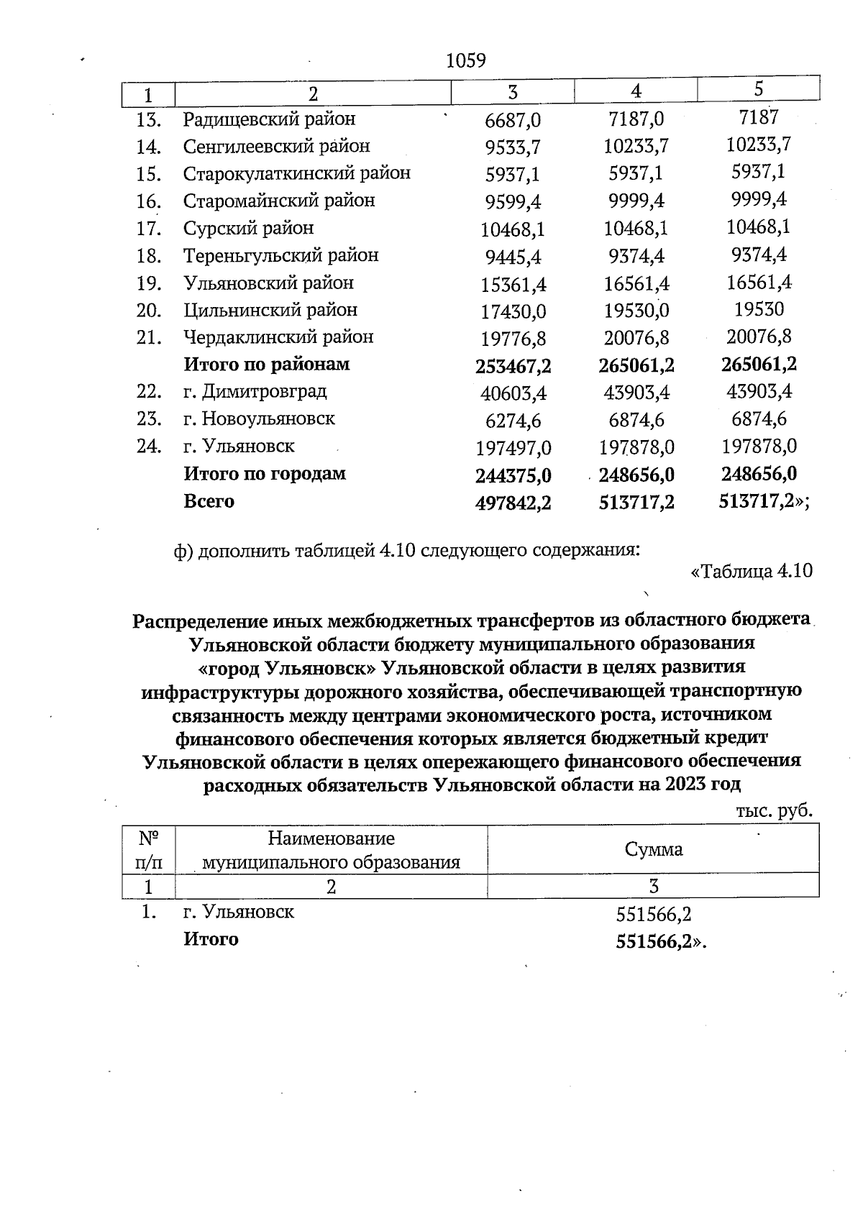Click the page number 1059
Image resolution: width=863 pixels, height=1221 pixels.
(x=466, y=60)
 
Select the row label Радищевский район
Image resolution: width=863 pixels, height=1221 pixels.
(x=269, y=119)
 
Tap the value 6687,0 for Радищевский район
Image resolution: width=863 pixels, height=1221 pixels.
(x=513, y=120)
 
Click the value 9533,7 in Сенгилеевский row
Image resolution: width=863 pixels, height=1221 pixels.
(x=513, y=147)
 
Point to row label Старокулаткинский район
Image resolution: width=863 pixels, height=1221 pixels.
(x=296, y=173)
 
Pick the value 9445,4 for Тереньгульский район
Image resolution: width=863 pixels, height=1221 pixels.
(x=513, y=257)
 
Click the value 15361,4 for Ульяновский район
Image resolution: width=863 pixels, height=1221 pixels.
(x=513, y=285)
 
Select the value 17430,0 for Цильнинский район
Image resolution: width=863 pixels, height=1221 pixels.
(x=513, y=312)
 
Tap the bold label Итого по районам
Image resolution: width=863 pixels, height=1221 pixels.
(x=267, y=365)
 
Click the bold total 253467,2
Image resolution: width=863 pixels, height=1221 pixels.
(x=513, y=367)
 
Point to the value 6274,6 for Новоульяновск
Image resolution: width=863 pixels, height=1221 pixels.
(x=513, y=421)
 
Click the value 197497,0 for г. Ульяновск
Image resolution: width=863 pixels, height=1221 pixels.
(x=513, y=449)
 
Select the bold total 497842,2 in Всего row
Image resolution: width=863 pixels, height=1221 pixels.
(x=513, y=503)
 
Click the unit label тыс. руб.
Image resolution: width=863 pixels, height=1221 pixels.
(x=774, y=811)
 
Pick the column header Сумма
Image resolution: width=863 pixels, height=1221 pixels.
(x=653, y=849)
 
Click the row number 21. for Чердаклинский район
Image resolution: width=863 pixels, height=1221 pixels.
(x=148, y=337)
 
